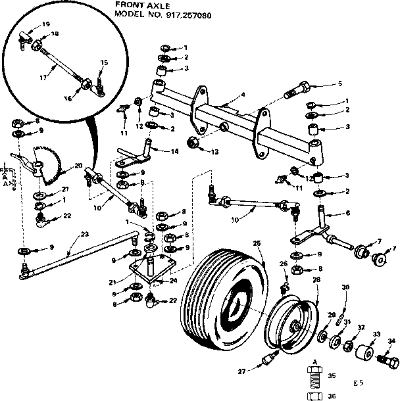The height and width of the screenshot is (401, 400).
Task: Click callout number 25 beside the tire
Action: click(x=257, y=244)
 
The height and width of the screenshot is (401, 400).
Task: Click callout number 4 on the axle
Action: click(x=243, y=95)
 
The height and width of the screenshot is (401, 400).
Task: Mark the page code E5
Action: click(x=358, y=383)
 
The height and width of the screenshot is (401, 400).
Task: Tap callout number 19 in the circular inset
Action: click(x=45, y=24)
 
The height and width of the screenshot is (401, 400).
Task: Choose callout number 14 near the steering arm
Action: click(x=174, y=151)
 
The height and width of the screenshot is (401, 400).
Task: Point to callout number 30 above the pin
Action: click(x=345, y=287)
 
